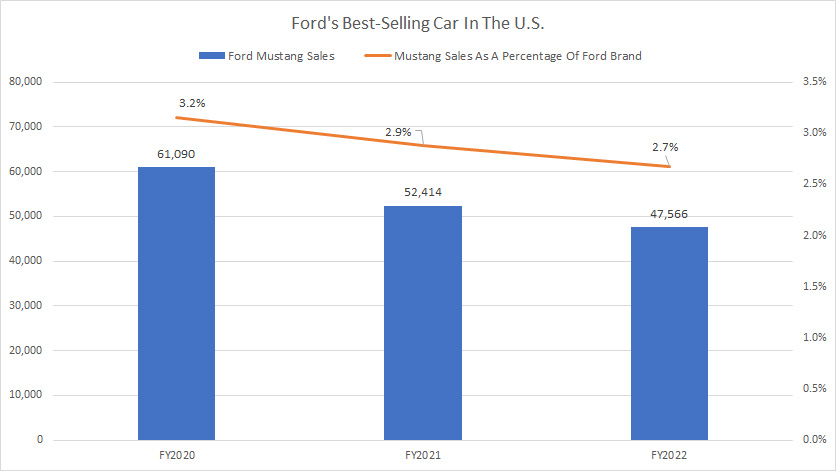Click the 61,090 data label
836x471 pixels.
[177, 152]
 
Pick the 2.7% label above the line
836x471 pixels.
[666, 147]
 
